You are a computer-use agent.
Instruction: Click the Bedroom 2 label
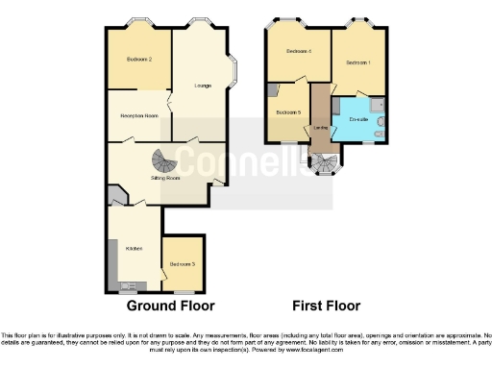(x=139, y=61)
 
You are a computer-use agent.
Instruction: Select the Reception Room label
(x=138, y=116)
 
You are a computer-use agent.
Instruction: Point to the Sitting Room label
(x=166, y=178)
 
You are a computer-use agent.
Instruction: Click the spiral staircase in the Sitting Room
(x=165, y=160)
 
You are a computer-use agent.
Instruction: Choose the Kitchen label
(x=135, y=249)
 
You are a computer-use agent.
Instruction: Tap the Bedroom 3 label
(x=182, y=263)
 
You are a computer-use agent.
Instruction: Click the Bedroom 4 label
(x=297, y=51)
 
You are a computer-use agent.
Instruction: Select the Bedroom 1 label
(x=357, y=62)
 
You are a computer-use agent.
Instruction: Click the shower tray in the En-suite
(x=377, y=105)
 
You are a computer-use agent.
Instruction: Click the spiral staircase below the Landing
(x=324, y=164)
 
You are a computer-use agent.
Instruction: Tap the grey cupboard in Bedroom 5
(x=274, y=90)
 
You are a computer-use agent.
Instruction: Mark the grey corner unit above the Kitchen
(x=115, y=199)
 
